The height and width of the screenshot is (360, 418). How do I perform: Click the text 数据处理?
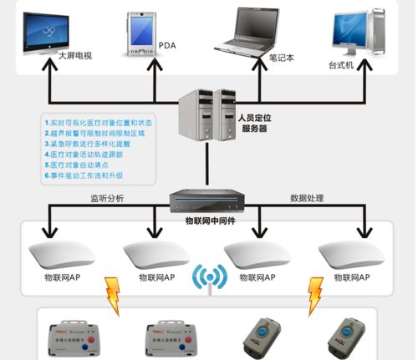307,198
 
